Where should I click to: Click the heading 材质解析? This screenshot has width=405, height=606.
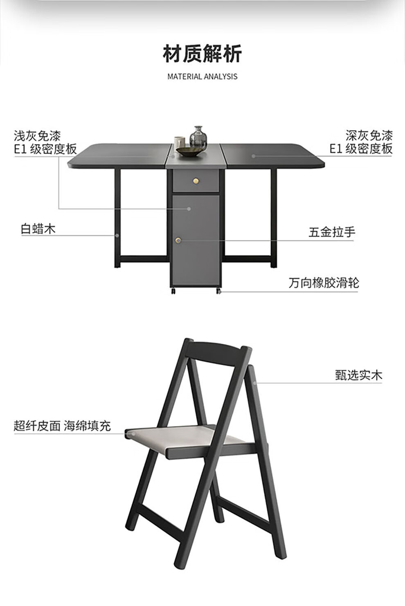(x=202, y=54)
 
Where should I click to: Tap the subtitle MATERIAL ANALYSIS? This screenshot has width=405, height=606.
(x=202, y=76)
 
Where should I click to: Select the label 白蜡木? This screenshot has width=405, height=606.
(x=38, y=229)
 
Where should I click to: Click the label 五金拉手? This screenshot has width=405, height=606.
(x=332, y=232)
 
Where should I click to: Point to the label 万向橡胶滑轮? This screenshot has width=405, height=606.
(x=324, y=283)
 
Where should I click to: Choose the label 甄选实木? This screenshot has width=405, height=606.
(x=358, y=375)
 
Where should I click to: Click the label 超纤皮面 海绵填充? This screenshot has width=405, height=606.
(x=62, y=426)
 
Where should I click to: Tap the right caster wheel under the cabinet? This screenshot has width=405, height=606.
(x=218, y=291)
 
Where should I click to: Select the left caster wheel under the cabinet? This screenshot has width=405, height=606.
(x=173, y=291)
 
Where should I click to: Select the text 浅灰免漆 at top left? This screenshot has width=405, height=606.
(x=37, y=136)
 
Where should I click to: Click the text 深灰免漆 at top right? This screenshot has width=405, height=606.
(x=369, y=136)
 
